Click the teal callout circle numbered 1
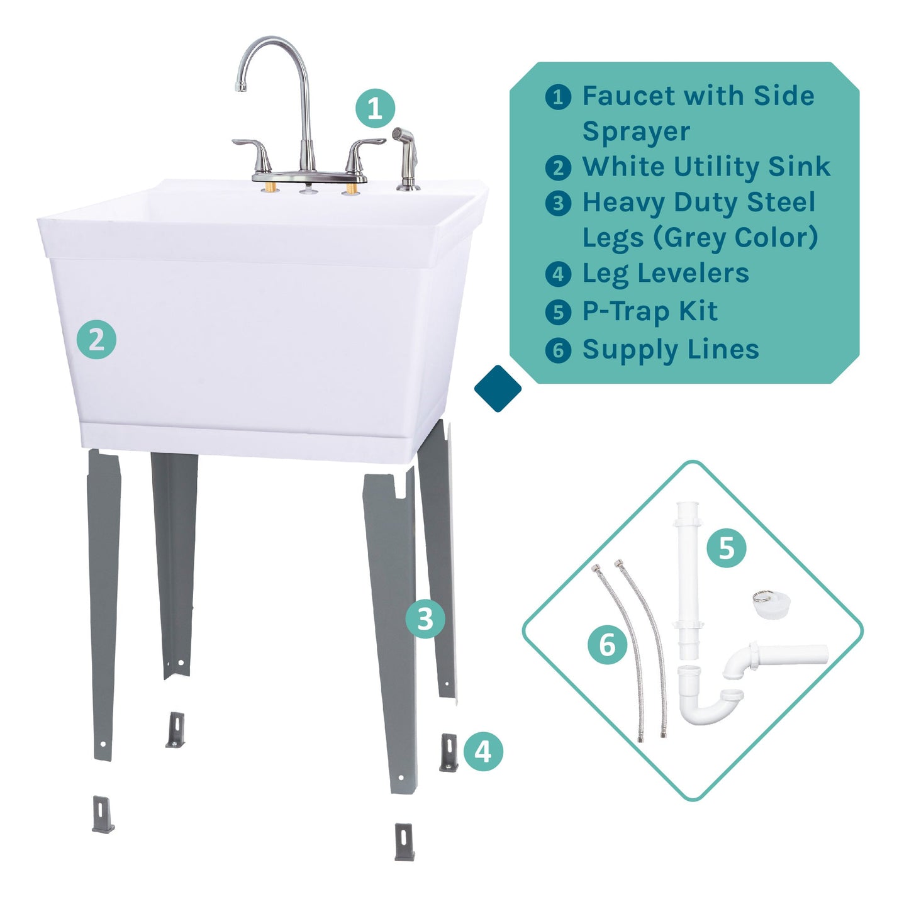375,108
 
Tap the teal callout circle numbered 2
96,340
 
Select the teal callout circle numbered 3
425,618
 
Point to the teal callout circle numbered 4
483,751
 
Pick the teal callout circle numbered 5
726,548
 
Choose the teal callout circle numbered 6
607,645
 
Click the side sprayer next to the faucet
404,157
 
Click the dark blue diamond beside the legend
498,389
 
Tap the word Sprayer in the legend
636,131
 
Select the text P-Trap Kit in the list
650,311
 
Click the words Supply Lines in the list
671,350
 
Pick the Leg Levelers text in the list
666,274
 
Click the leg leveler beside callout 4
449,752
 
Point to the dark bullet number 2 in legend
558,168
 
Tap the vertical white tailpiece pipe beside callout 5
688,579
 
